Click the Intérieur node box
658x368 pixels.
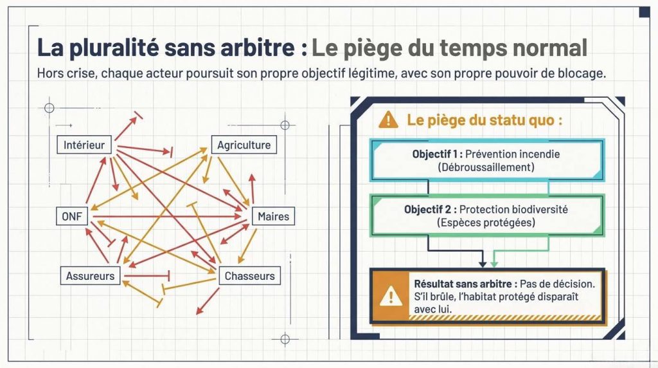[84, 145]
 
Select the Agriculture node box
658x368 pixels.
[244, 145]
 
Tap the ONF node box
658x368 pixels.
[72, 216]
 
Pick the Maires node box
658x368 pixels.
[273, 216]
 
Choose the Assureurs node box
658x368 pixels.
[90, 275]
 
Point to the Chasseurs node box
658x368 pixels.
[250, 275]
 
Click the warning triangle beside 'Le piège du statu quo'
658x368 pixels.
[388, 120]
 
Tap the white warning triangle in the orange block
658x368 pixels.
[391, 296]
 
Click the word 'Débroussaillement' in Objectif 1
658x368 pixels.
[486, 167]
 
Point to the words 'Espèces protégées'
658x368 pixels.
[486, 222]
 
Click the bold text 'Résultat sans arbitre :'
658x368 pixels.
[465, 284]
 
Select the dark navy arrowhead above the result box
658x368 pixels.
[483, 263]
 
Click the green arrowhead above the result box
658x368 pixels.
[494, 263]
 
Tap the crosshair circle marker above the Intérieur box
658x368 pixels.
[49, 108]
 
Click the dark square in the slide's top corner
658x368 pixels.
[645, 12]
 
